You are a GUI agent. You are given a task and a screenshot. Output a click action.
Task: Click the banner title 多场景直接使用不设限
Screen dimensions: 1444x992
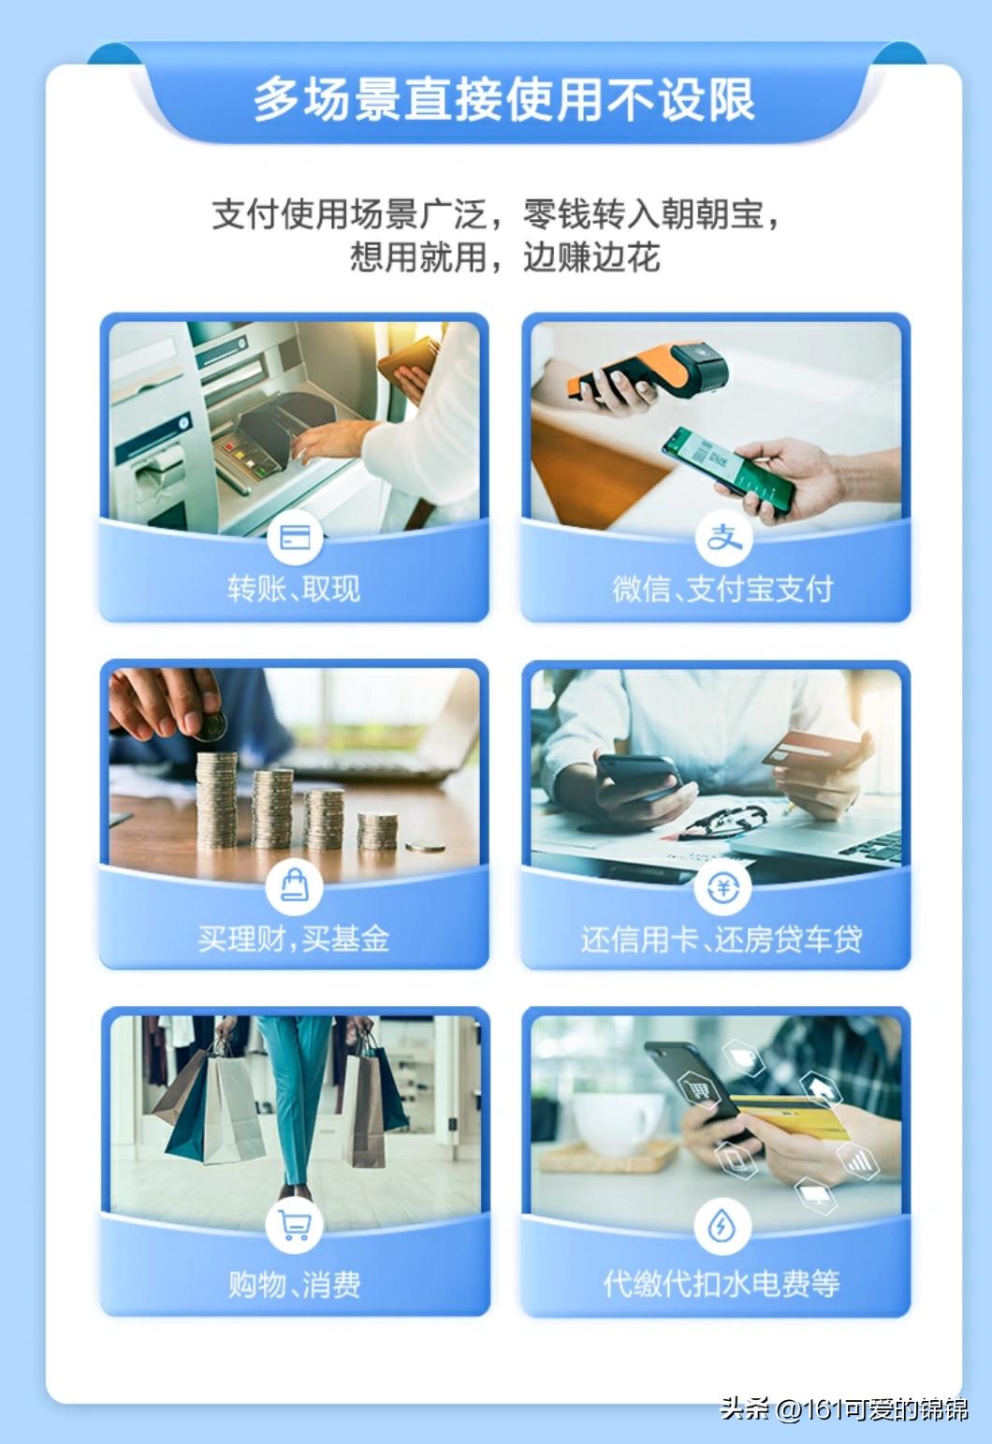coord(503,99)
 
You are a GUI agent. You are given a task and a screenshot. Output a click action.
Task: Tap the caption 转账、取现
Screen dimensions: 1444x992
coord(294,589)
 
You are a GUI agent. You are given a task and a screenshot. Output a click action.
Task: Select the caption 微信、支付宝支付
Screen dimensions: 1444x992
coord(722,589)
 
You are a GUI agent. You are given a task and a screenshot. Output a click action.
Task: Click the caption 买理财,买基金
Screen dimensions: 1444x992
coord(294,938)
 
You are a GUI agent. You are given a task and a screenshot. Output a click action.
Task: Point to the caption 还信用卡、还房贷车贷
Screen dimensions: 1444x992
coord(721,939)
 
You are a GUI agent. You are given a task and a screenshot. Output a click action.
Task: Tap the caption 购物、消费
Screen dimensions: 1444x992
coord(294,1284)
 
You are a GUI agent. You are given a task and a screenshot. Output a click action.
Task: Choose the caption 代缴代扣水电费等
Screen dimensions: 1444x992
coord(721,1283)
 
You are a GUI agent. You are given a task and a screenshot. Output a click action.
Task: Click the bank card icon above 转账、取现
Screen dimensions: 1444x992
coord(295,537)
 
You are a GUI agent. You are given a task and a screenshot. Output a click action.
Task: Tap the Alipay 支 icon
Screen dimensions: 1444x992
coord(722,537)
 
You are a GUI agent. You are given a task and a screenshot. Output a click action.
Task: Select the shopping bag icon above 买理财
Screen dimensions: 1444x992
coord(295,885)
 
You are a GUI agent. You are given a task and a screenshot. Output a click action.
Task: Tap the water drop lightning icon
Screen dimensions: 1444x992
coord(722,1226)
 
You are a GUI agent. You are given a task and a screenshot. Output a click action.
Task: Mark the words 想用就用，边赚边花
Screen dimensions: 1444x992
coord(504,256)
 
